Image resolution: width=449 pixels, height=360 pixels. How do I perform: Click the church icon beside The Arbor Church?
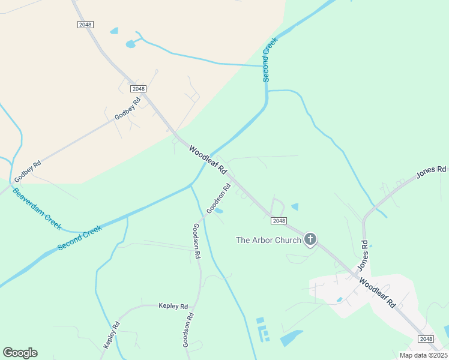coord(310,240)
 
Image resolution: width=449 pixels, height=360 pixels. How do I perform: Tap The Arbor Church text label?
coord(268,240)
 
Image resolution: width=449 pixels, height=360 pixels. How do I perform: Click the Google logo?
coord(20,352)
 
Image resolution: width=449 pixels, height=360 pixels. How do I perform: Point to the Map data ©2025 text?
coord(423,355)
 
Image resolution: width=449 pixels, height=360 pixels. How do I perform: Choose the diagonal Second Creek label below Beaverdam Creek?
coord(80,238)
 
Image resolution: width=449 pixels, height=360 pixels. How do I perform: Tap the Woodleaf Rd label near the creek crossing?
coord(207,160)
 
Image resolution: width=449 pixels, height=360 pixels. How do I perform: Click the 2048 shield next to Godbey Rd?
coord(138,89)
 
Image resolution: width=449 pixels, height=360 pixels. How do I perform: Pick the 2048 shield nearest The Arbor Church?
coord(279,221)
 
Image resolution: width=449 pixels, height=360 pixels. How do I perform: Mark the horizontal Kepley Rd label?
coord(174,306)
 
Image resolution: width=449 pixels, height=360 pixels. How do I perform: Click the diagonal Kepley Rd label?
coord(112,335)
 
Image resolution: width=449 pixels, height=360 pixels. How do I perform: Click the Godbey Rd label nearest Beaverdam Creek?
coord(28,172)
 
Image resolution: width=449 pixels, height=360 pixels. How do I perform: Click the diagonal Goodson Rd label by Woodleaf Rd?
coord(218,199)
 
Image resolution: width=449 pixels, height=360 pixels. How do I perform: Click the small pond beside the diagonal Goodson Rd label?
coord(219,211)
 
